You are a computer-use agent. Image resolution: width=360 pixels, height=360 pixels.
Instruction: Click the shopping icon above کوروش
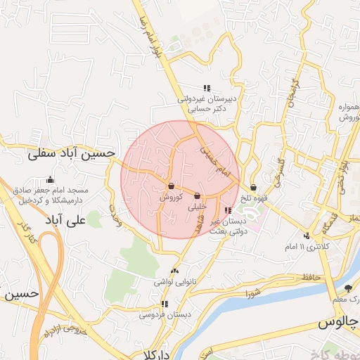pyautogui.click(x=172, y=186)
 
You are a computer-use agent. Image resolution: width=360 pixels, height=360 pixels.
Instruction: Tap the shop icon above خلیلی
pyautogui.click(x=197, y=196)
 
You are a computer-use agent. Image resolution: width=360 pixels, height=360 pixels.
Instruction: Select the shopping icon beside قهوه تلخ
pyautogui.click(x=253, y=187)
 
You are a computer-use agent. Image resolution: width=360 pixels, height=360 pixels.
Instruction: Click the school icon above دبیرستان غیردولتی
pyautogui.click(x=207, y=88)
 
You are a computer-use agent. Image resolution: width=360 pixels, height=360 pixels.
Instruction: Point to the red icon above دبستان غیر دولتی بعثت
pyautogui.click(x=226, y=210)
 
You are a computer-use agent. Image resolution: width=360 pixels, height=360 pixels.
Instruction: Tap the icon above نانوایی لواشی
pyautogui.click(x=174, y=271)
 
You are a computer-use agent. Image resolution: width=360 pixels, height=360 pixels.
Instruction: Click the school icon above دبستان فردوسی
pyautogui.click(x=164, y=304)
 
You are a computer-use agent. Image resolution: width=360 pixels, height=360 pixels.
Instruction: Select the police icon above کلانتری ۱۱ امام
pyautogui.click(x=306, y=236)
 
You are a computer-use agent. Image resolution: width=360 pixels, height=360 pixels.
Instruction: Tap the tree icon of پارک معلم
pyautogui.click(x=347, y=288)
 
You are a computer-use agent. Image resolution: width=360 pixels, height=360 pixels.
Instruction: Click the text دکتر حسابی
pyautogui.click(x=210, y=110)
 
